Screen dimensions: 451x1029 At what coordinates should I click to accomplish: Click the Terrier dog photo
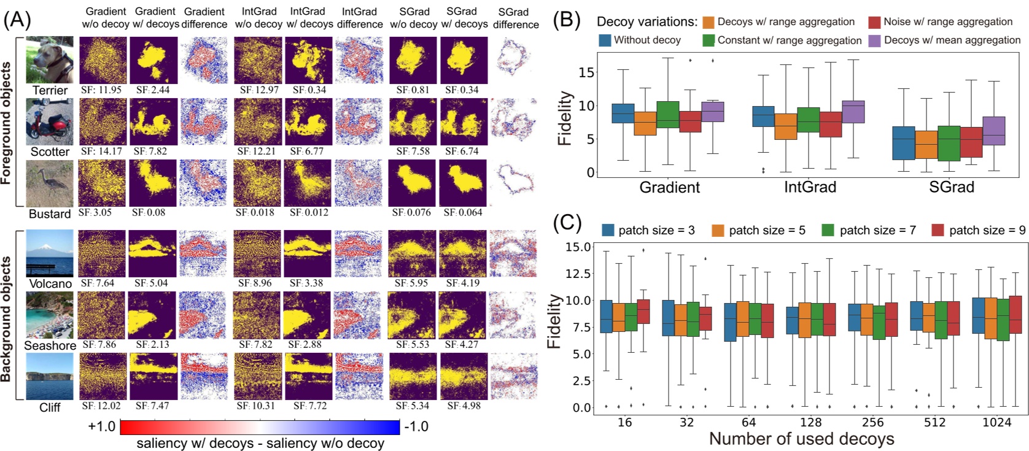[x=50, y=60]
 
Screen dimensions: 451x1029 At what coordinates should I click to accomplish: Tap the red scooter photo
[x=50, y=121]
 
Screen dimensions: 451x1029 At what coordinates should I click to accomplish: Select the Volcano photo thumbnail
[x=50, y=253]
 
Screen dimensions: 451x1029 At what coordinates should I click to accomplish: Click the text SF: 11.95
[x=101, y=90]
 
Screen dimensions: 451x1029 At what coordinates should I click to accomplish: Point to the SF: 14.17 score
[x=101, y=151]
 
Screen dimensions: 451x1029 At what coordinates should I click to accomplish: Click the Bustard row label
[x=50, y=214]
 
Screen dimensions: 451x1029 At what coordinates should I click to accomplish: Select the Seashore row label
[x=50, y=345]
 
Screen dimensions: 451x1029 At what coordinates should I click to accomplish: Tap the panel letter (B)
[x=567, y=20]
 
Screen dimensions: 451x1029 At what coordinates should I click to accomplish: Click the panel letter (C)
[x=567, y=222]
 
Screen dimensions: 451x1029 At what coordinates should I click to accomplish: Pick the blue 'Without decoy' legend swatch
[x=605, y=40]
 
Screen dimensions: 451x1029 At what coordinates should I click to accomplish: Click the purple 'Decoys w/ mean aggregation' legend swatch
[x=874, y=40]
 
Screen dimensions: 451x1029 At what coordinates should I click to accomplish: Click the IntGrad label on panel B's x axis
[x=810, y=187]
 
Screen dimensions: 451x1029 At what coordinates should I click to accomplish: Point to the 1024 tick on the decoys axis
[x=997, y=422]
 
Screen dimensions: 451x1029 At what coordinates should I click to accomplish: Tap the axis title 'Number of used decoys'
[x=801, y=439]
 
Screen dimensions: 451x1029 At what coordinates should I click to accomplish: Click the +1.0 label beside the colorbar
[x=102, y=426]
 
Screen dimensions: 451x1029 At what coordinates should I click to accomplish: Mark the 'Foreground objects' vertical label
[x=7, y=123]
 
